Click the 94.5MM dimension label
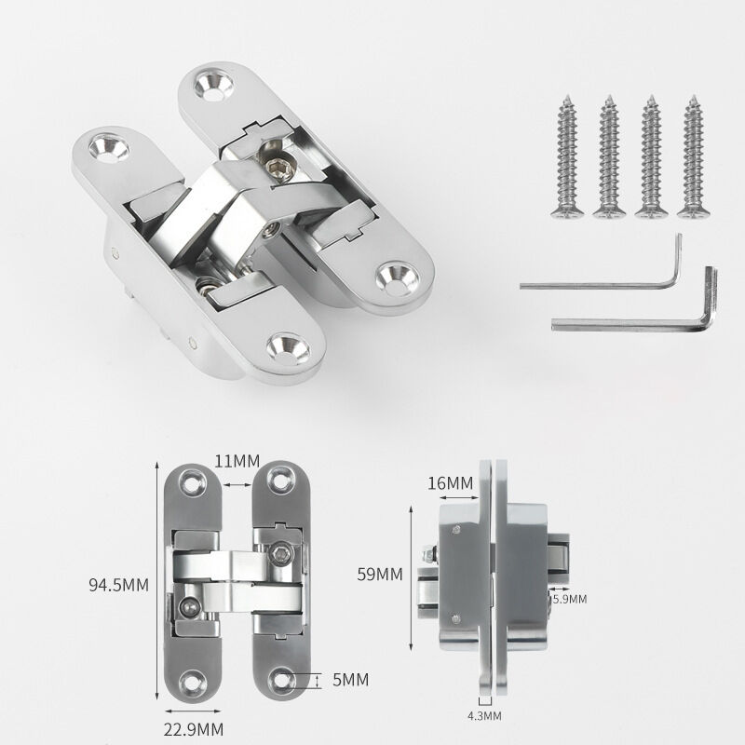tap(119, 585)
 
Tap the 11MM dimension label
tap(237, 461)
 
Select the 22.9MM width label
tap(194, 729)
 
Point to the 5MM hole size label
tap(351, 680)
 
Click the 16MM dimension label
tap(451, 483)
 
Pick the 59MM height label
tap(380, 575)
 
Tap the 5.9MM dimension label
tap(570, 599)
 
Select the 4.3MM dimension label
tap(484, 715)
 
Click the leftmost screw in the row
tap(567, 156)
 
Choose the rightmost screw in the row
tap(693, 156)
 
